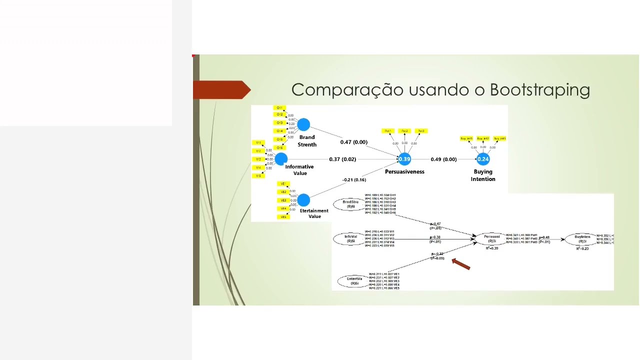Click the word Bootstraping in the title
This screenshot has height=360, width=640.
(x=540, y=90)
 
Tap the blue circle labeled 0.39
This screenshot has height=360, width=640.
(x=404, y=159)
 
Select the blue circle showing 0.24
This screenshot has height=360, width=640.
(x=483, y=159)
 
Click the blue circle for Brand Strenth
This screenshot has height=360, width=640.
(x=303, y=124)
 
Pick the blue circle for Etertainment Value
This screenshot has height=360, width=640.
(x=303, y=200)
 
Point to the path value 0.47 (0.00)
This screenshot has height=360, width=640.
(x=354, y=142)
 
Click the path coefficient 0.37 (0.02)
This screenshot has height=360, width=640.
(x=342, y=159)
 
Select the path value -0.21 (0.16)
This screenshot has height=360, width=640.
(x=354, y=179)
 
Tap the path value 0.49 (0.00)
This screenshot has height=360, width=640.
(x=443, y=159)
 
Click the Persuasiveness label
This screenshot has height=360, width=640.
(x=404, y=171)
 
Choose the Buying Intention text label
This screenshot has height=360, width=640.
(x=483, y=175)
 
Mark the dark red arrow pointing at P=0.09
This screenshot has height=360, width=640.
(x=461, y=264)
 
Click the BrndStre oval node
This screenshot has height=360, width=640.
(x=350, y=204)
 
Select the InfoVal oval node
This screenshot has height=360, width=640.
(x=350, y=239)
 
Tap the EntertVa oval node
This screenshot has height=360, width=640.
(x=354, y=281)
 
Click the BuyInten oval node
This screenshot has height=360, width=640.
(x=582, y=239)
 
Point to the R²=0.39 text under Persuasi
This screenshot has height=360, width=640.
(x=492, y=248)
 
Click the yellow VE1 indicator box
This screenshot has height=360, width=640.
(x=283, y=183)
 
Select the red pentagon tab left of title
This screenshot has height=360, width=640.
(x=221, y=90)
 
